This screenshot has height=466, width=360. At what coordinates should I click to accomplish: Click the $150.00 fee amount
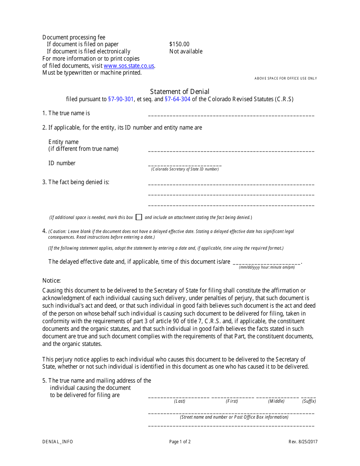pos(179,44)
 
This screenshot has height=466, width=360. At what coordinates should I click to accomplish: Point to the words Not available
pos(186,52)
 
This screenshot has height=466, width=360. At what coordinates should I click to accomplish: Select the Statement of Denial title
pos(180,92)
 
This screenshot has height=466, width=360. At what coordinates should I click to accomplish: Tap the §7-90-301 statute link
pos(121,99)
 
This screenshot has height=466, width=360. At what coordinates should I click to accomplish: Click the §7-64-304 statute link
pos(178,99)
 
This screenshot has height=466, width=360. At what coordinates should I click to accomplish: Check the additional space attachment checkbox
pos(139,217)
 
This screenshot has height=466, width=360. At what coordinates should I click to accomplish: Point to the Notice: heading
pos(52,281)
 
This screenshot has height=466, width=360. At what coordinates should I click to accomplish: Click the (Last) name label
pos(180,401)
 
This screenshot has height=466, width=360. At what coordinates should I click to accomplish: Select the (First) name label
pos(232,401)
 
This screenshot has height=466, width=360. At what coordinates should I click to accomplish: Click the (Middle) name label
pos(276,401)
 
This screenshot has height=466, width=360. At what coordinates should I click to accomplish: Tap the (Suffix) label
pos(309,401)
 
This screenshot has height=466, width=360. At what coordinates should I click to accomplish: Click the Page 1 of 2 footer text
pos(180,442)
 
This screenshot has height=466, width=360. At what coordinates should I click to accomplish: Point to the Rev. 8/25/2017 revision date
pos(303,442)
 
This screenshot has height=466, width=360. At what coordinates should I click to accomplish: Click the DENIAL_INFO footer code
pos(58,442)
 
